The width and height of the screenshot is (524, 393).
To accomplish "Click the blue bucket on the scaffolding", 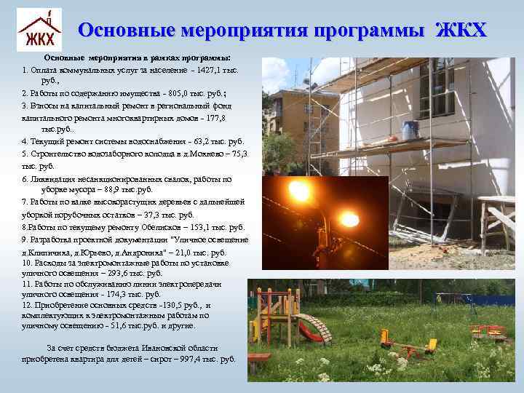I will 410,130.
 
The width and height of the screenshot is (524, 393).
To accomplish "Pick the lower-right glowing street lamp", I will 350,218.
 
